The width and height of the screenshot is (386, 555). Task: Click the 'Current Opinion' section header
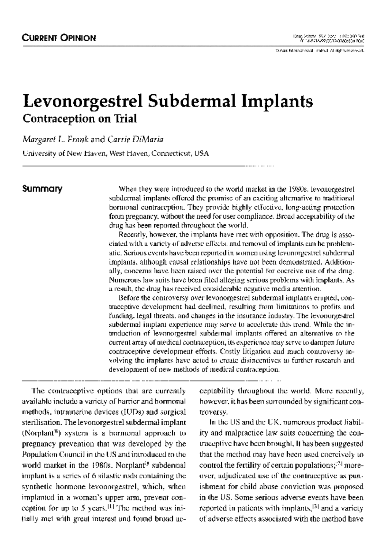59,38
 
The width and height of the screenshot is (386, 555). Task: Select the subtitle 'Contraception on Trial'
79,119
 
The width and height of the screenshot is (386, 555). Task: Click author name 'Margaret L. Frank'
55,140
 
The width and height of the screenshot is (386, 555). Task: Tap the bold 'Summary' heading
42,189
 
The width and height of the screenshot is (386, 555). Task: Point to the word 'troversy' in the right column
214,412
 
